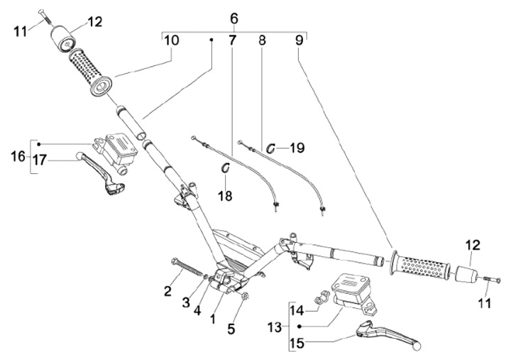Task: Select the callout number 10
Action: pyautogui.click(x=171, y=40)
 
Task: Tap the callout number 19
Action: pyautogui.click(x=297, y=148)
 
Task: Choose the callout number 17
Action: pyautogui.click(x=38, y=161)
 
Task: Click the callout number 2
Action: pyautogui.click(x=167, y=290)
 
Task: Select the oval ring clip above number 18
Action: pyautogui.click(x=226, y=168)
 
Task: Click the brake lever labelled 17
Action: pyautogui.click(x=99, y=168)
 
